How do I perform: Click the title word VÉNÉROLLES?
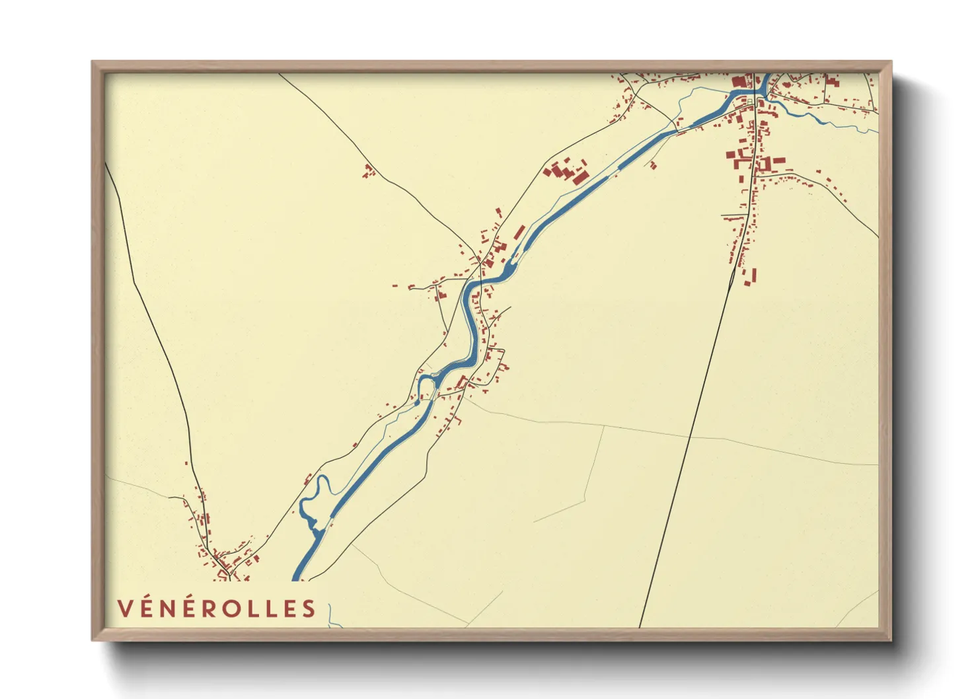coord(216,608)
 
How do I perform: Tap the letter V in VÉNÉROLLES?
coord(124,608)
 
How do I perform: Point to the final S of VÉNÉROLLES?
coord(309,608)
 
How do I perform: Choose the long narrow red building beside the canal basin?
coord(519,232)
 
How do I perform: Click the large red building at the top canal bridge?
coord(739,83)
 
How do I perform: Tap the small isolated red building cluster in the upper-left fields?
coord(369,171)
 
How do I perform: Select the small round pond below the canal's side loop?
coord(417,402)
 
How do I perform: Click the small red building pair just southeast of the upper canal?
coord(652,165)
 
